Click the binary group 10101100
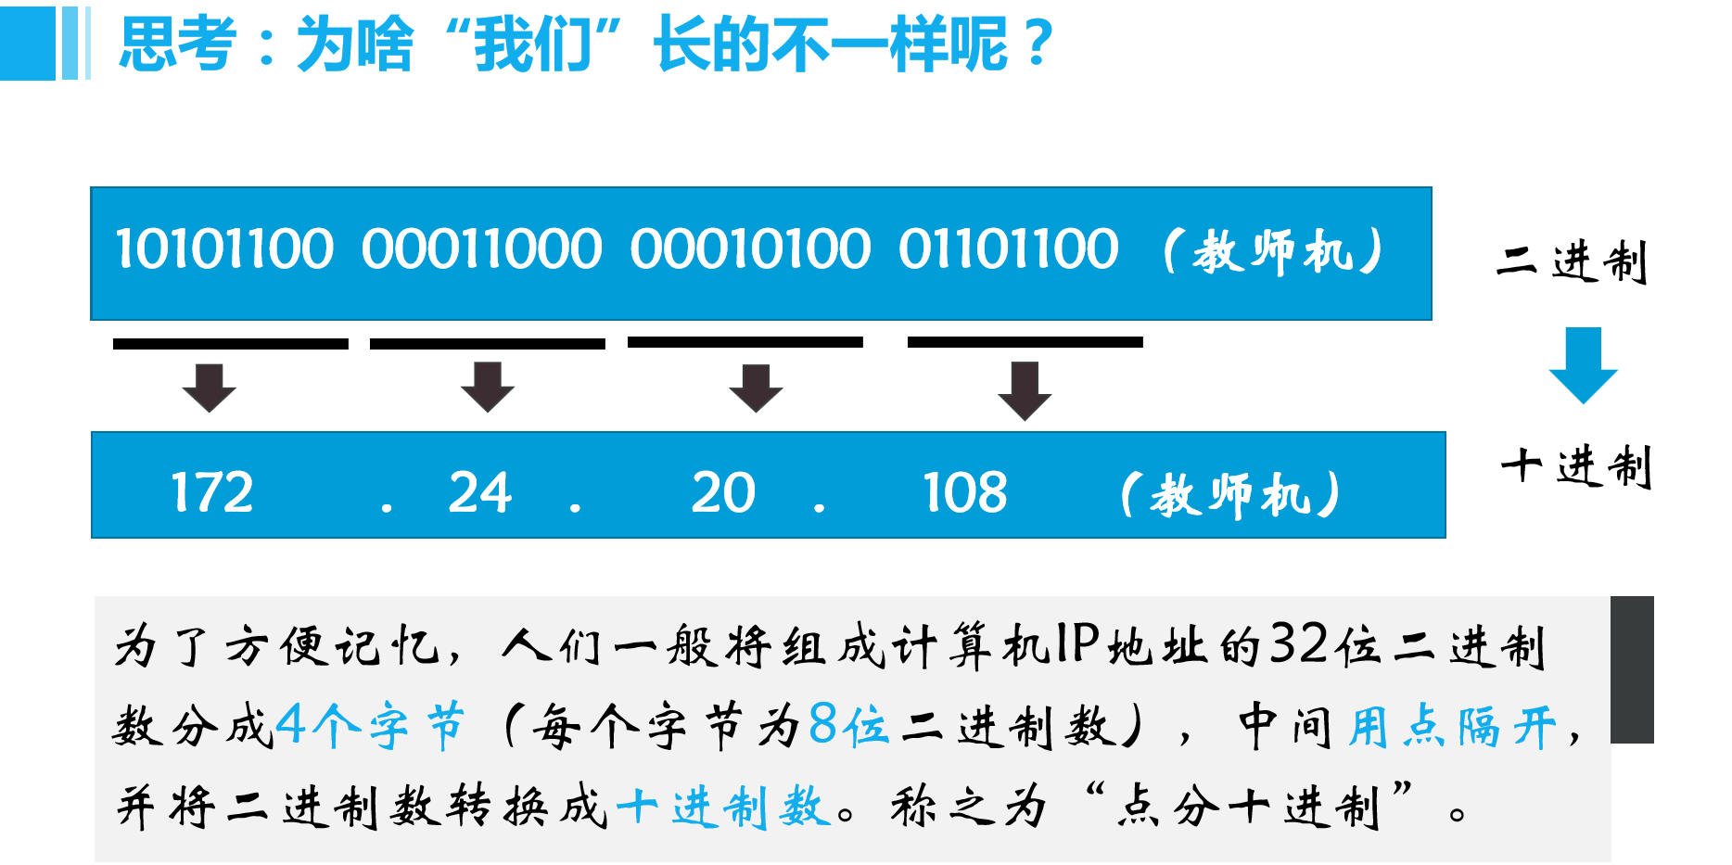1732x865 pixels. pos(223,249)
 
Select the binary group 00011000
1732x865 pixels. pos(481,249)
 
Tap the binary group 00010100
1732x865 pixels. pos(750,249)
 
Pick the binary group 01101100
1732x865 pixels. pos(1008,249)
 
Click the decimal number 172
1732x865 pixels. pos(211,492)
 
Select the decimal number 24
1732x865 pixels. pos(479,492)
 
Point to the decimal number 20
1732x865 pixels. pos(723,492)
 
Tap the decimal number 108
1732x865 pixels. pos(964,492)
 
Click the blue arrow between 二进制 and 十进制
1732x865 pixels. pos(1583,364)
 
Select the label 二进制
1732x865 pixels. pos(1572,261)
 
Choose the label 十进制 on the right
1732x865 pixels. pos(1576,465)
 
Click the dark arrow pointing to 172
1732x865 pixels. pos(210,387)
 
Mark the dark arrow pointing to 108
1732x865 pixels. pos(1025,390)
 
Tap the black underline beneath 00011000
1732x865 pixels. pos(487,344)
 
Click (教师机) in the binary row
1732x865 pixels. pos(1273,251)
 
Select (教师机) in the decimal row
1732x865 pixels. pos(1230,494)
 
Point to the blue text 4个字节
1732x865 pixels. pos(369,725)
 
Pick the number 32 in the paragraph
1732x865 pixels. pos(1298,642)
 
